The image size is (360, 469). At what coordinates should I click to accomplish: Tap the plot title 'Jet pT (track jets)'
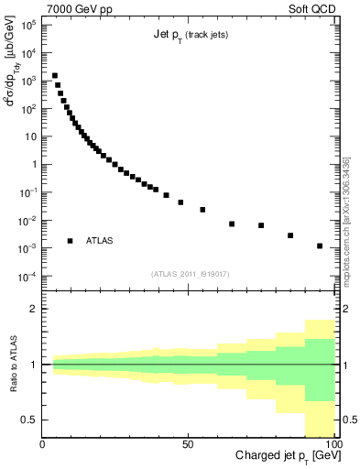(x=191, y=36)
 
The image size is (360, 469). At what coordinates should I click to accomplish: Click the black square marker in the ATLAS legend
(x=70, y=241)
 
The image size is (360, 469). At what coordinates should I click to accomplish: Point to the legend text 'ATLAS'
(x=100, y=241)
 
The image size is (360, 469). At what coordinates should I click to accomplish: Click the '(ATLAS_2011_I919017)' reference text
(x=190, y=274)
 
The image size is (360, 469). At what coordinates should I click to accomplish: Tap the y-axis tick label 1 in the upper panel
(x=33, y=165)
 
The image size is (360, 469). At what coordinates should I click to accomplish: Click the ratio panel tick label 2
(x=33, y=309)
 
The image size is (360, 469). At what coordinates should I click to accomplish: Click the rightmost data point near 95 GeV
(x=320, y=245)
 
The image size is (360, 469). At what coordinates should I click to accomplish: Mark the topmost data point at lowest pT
(x=55, y=76)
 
